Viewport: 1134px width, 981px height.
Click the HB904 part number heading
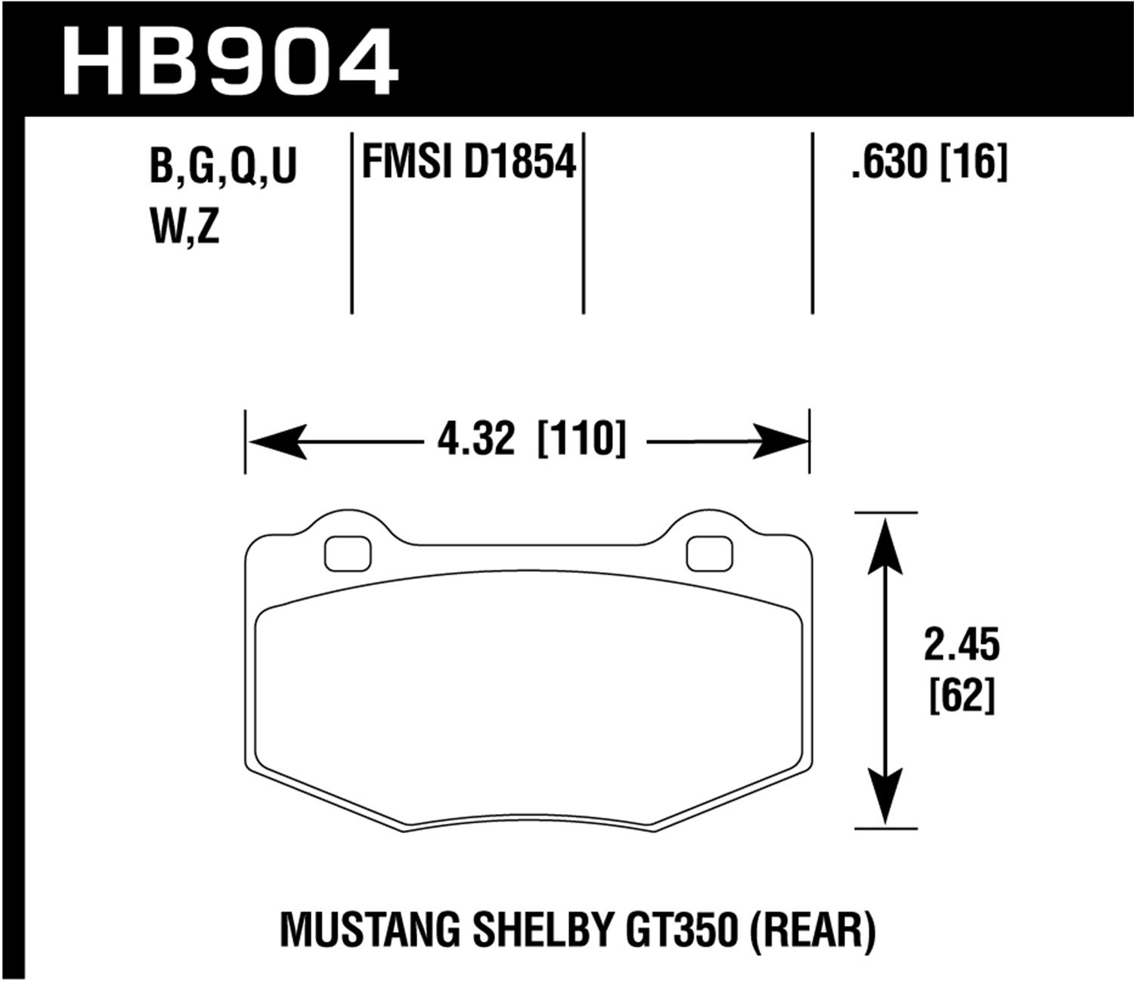pyautogui.click(x=231, y=62)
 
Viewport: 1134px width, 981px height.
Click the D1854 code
pyautogui.click(x=520, y=162)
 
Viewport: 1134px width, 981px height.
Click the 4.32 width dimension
pyautogui.click(x=476, y=440)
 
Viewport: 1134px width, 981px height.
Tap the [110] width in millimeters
pyautogui.click(x=581, y=440)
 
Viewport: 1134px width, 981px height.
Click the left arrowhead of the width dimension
pyautogui.click(x=276, y=441)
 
